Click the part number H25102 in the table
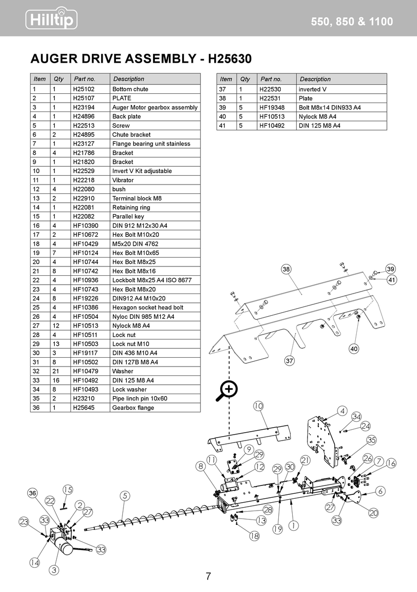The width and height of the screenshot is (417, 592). tap(83, 89)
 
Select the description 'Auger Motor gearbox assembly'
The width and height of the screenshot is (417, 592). tap(154, 108)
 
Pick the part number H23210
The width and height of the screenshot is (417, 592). tap(83, 399)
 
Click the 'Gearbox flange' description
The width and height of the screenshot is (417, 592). tap(133, 408)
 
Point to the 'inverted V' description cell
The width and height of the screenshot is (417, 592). tap(312, 89)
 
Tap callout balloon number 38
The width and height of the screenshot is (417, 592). tap(286, 269)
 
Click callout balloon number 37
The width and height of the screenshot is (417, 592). tap(290, 361)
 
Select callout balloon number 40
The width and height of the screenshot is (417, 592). tap(354, 349)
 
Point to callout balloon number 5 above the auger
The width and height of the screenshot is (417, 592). tap(125, 495)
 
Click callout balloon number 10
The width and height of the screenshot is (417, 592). tap(259, 406)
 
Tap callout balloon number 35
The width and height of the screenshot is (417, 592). tap(372, 440)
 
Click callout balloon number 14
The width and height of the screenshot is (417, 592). tap(34, 562)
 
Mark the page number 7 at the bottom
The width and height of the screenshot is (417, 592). tap(208, 576)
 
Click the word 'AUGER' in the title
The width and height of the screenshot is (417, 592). tap(56, 59)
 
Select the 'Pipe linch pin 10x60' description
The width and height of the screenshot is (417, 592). tap(140, 399)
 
